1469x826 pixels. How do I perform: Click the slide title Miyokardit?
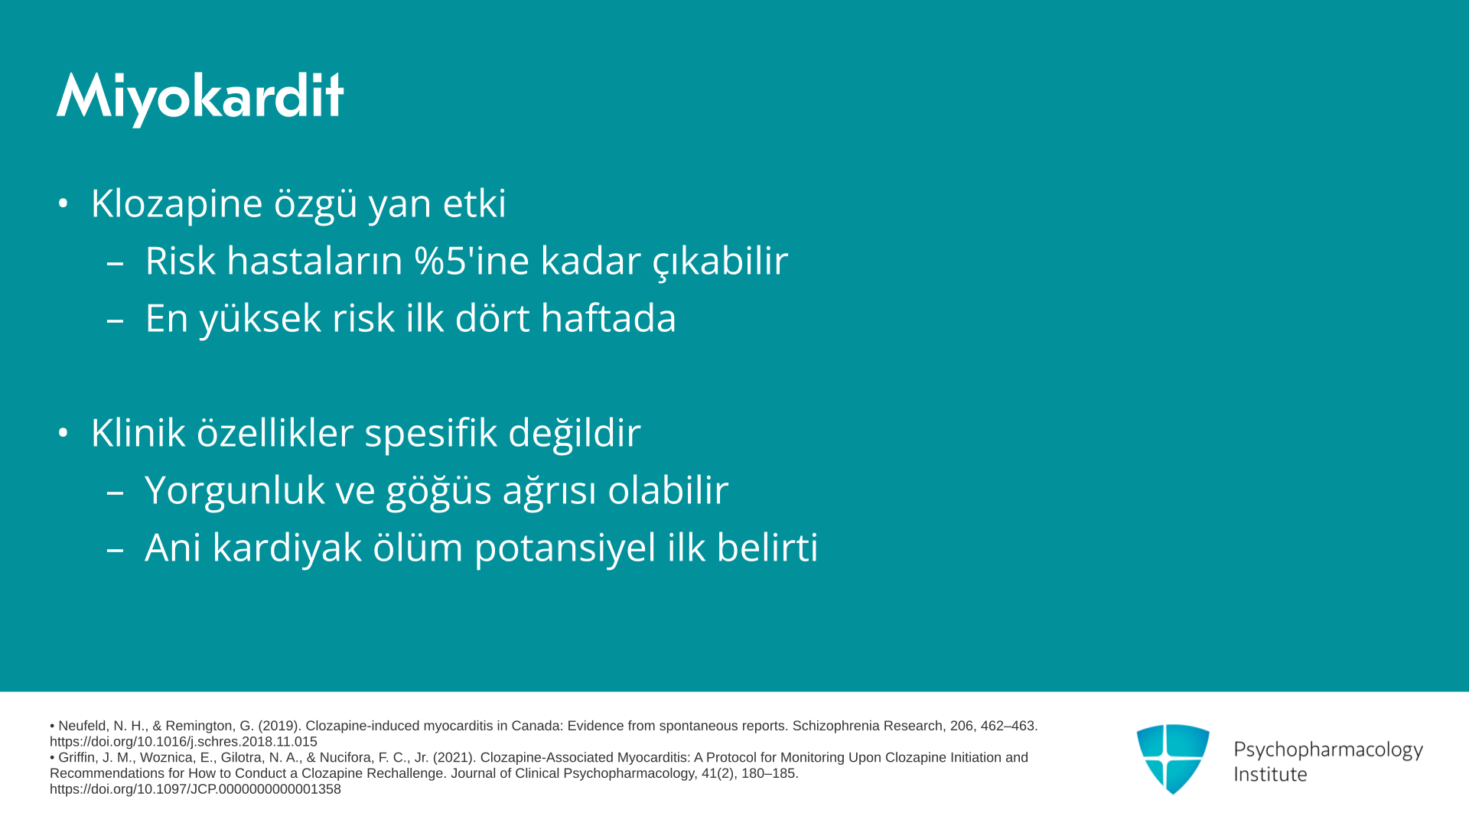click(x=200, y=98)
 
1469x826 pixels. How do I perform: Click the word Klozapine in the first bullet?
click(x=177, y=204)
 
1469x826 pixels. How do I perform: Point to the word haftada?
click(x=609, y=317)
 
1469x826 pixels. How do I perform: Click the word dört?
click(x=492, y=317)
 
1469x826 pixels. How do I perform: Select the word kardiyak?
click(x=287, y=548)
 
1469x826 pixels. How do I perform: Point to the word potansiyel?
click(x=565, y=548)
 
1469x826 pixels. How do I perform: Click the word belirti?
click(x=767, y=547)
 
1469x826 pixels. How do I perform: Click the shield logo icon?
click(x=1173, y=759)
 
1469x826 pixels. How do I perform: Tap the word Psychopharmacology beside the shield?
click(x=1328, y=750)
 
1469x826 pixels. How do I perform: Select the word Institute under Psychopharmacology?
click(x=1270, y=774)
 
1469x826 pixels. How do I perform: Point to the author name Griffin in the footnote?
click(x=77, y=758)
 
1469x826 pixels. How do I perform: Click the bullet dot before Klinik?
click(x=64, y=433)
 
